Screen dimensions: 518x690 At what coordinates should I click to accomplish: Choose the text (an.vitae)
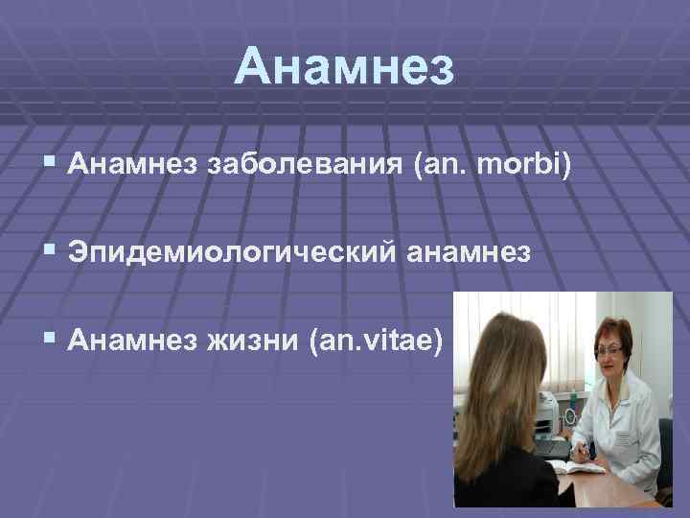[377, 339]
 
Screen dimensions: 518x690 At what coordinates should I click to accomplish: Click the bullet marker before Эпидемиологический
[49, 254]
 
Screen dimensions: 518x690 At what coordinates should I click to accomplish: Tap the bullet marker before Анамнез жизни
[49, 339]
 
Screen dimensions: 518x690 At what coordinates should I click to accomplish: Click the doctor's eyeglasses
[609, 351]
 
